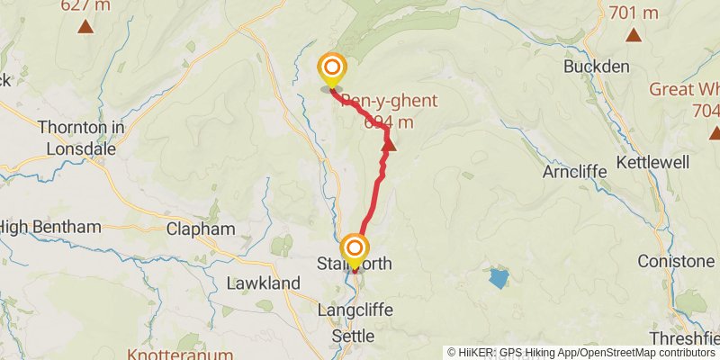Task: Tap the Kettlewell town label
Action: coord(652,163)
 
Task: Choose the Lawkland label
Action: coord(263,283)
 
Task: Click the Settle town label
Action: coord(354,336)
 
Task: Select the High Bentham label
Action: coord(50,227)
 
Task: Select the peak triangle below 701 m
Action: coord(634,36)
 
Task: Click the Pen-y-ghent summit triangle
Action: coord(390,144)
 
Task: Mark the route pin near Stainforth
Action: coord(355,249)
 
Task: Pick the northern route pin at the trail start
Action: coord(332,67)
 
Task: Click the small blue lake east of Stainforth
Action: coord(498,277)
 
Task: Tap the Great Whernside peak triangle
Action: coord(715,132)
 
